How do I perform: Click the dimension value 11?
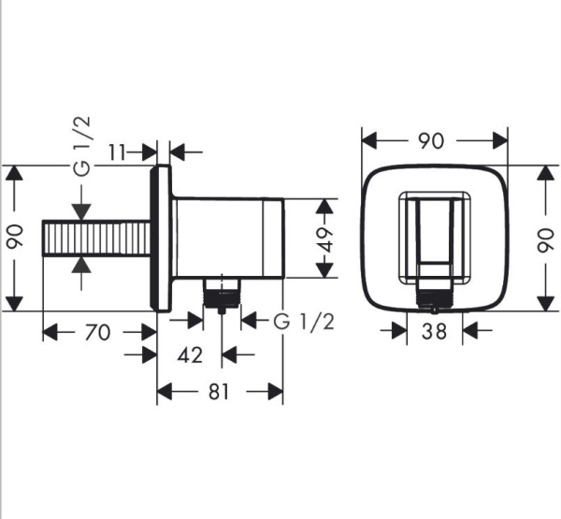coord(119,151)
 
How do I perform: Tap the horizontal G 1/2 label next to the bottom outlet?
coord(304,322)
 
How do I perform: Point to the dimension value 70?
coord(98,332)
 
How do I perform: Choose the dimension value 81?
coord(218,393)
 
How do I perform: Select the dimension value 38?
coord(435,331)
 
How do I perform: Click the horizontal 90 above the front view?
coord(431,140)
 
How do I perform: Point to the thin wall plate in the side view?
coord(161,238)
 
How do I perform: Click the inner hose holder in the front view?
coord(435,238)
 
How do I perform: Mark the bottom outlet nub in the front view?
coord(434,301)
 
